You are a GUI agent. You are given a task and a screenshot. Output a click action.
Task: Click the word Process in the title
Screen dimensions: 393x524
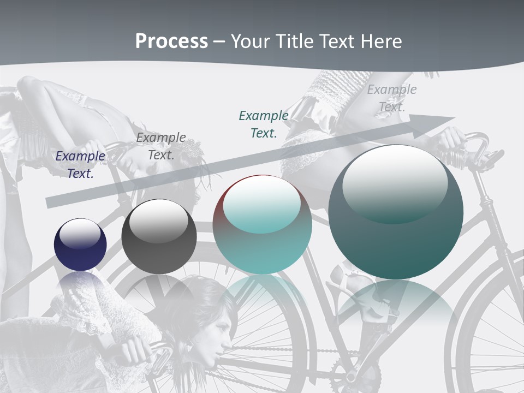[171, 41]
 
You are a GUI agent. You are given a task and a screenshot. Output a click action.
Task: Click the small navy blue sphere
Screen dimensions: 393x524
[80, 245]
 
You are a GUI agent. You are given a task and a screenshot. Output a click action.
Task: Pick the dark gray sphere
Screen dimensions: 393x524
[159, 237]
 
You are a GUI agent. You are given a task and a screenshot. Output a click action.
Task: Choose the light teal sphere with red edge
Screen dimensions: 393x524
[262, 225]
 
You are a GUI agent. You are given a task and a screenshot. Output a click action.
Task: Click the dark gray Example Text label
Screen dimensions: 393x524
[161, 146]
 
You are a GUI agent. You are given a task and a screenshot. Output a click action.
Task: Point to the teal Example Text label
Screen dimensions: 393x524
[264, 124]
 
